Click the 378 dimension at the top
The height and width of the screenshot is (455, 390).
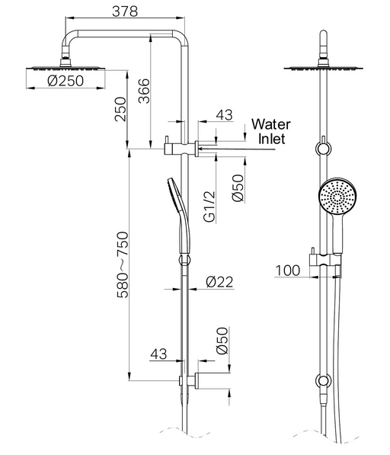tap(125, 11)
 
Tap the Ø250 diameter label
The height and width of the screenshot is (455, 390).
tap(66, 81)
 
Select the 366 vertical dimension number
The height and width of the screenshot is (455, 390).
tap(144, 91)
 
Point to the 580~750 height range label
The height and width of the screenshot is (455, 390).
tap(123, 264)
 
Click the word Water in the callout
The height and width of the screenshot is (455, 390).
tap(271, 124)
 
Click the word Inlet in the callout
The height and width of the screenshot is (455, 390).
tap(272, 139)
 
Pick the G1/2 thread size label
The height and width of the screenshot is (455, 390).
tap(209, 207)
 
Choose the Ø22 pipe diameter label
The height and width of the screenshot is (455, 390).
tap(219, 281)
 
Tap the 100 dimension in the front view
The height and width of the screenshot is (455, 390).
tap(288, 271)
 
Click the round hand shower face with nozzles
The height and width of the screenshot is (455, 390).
tap(337, 196)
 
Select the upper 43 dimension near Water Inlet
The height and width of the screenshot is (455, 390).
tap(225, 115)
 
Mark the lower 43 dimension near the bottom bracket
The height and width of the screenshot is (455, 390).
tap(158, 354)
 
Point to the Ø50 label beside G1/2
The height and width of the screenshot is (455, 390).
tap(238, 187)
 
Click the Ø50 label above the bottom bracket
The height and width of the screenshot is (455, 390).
tap(222, 341)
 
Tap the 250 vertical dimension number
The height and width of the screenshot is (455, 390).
tap(121, 109)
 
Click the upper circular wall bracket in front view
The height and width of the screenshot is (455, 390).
tap(323, 149)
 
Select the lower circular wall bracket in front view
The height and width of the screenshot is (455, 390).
tap(323, 381)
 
